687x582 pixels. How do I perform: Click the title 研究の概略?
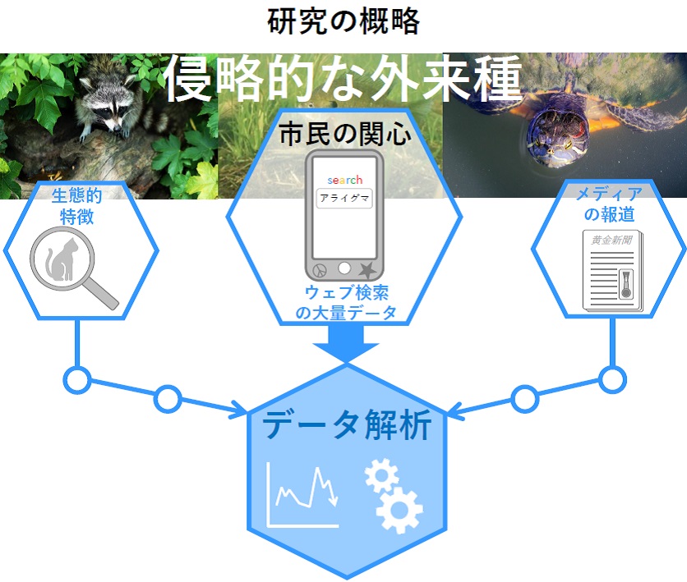coord(343,21)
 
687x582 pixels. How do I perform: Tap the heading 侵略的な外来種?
coord(343,79)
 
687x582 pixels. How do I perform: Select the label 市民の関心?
coord(343,135)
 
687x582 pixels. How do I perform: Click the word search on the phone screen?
coord(344,180)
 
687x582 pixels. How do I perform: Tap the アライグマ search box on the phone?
coord(344,199)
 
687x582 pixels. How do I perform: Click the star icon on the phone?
coord(368,269)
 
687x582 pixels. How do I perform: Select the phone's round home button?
coord(344,268)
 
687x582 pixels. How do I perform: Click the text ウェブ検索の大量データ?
coord(344,302)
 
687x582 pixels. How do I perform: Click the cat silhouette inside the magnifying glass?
coord(60,259)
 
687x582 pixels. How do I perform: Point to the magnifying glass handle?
coord(103,293)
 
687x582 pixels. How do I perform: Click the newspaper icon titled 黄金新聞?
coord(613,272)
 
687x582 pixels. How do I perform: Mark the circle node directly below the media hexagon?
coord(611,379)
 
